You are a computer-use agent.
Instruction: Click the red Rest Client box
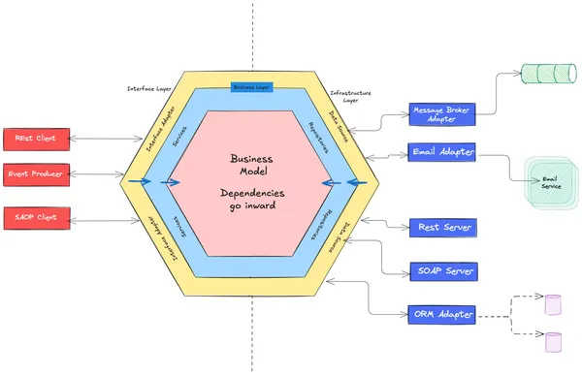coord(36,140)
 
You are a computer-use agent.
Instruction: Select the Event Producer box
coord(36,174)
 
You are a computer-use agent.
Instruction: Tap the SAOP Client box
coord(36,217)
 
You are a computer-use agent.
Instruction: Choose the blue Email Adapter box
coord(442,152)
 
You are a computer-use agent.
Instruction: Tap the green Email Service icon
coord(550,181)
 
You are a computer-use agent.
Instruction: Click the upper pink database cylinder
coord(553,304)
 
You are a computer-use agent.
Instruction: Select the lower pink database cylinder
coord(553,341)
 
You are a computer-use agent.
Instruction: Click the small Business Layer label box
coord(251,87)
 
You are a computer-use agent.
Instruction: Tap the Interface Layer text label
coord(150,88)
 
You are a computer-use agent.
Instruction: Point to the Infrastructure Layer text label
coord(350,96)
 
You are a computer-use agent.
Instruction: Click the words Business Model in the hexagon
coord(253,166)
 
